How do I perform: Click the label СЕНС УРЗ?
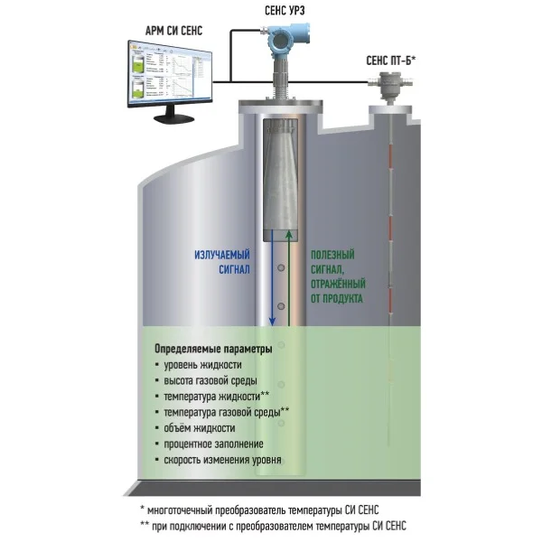point(285,11)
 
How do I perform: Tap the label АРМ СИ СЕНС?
point(173,31)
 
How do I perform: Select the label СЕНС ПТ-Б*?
point(390,61)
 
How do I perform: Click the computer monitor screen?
point(170,74)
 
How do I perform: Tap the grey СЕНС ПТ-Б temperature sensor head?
point(390,84)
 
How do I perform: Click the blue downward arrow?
point(272,278)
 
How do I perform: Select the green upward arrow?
point(289,278)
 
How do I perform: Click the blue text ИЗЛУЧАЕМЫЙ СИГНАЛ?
point(222,262)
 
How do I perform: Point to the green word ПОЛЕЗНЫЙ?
point(332,255)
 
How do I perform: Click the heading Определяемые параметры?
point(213,349)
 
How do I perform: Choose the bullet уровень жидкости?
point(199,365)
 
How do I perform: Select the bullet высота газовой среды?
point(206,381)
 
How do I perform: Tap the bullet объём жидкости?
point(195,428)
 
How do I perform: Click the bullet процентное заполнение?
point(210,444)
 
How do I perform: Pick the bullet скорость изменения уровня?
point(218,460)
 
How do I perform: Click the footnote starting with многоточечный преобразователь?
point(259,509)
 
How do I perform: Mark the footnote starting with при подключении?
point(273,526)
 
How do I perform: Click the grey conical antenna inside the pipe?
point(280,180)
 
